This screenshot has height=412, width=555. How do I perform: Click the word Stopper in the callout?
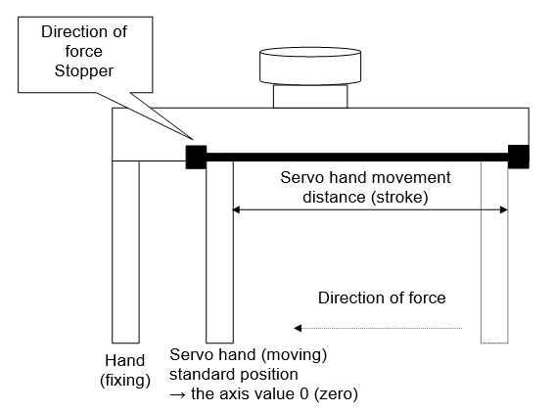[84, 70]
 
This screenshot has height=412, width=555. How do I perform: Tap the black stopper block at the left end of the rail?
[196, 157]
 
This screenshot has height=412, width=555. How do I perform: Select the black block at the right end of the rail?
[519, 157]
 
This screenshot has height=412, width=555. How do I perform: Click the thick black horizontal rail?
[357, 158]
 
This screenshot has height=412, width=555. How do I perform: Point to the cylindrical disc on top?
[310, 66]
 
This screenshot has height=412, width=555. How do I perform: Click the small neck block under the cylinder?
[310, 96]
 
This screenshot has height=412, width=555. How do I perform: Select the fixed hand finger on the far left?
[125, 252]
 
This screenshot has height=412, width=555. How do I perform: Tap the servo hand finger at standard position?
[220, 252]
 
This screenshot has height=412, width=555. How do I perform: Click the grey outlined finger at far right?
[494, 252]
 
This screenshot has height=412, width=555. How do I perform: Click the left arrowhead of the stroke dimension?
[236, 209]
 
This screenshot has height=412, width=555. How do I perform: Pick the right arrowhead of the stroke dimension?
[504, 209]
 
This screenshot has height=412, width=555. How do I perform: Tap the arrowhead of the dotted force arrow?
[298, 328]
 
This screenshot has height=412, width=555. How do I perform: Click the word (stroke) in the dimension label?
[399, 197]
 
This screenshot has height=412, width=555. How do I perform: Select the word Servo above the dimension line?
[302, 177]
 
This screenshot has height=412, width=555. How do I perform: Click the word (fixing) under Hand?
[125, 380]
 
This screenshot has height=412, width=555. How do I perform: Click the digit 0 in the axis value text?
[303, 394]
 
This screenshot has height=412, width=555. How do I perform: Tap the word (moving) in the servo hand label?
[294, 354]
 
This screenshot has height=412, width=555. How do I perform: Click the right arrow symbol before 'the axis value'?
[178, 394]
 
